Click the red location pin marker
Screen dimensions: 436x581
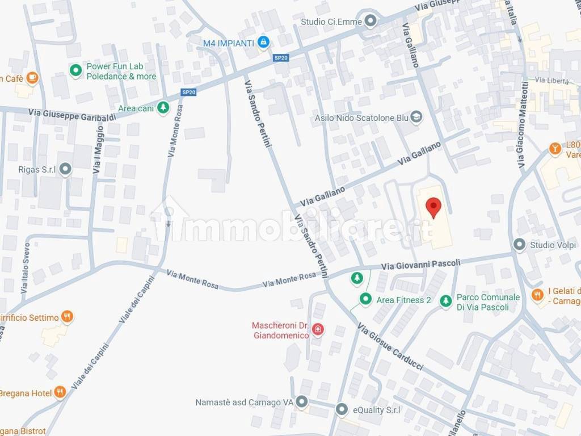(433, 207)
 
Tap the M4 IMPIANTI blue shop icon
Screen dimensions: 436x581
(263, 42)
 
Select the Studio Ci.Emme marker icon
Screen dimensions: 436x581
(371, 22)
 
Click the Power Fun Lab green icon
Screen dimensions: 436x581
(75, 70)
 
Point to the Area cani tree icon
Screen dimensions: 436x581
(163, 107)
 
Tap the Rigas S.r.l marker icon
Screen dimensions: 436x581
(66, 169)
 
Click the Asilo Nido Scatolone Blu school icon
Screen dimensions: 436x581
(417, 117)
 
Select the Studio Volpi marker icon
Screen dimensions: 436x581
(519, 245)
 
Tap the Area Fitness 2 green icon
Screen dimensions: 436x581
(366, 299)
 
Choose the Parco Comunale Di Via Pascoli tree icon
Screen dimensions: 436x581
(447, 301)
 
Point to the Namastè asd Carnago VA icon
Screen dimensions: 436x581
(302, 402)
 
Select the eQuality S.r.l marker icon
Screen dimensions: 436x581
(342, 409)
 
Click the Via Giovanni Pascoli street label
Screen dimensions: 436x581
(420, 264)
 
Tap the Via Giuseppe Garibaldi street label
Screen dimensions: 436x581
(72, 114)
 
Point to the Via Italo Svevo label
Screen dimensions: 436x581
(26, 268)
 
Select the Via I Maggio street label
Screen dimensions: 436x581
(98, 149)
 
